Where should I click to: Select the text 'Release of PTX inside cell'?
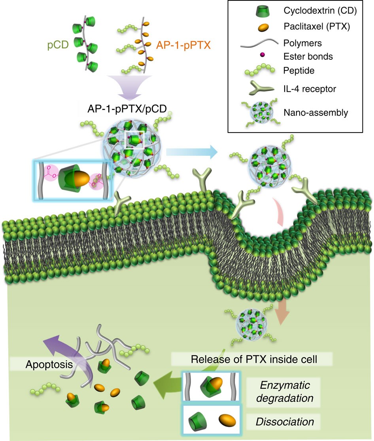tap(252, 360)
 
